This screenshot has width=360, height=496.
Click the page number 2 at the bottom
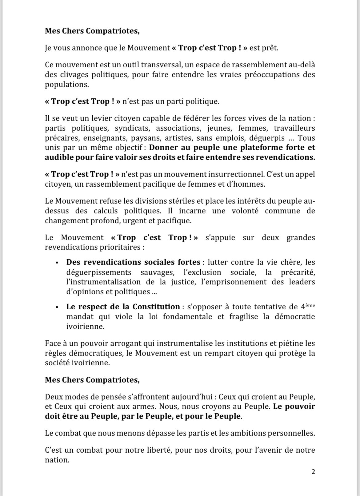click(x=313, y=472)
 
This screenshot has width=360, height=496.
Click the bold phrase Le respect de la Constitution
click(x=123, y=307)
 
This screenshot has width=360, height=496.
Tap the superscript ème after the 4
click(x=311, y=305)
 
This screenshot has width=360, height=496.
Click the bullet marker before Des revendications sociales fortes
click(x=57, y=263)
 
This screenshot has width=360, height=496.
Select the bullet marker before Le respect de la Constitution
click(x=57, y=307)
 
